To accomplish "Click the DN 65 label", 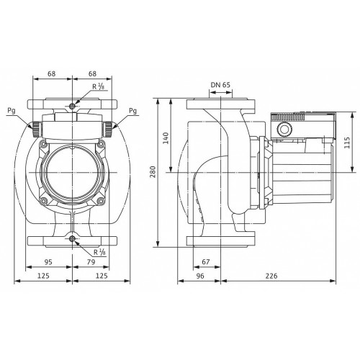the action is point(220,85).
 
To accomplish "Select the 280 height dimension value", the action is point(153,171).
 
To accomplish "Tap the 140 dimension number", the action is point(166,138).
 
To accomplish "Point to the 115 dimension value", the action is point(347,143).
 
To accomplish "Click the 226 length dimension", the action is point(271,276).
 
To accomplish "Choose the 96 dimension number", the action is point(200,276).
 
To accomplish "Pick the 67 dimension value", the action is point(206,262).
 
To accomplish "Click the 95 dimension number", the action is point(48,262).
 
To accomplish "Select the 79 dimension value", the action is point(91,262).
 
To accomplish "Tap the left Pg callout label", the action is point(12,111).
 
